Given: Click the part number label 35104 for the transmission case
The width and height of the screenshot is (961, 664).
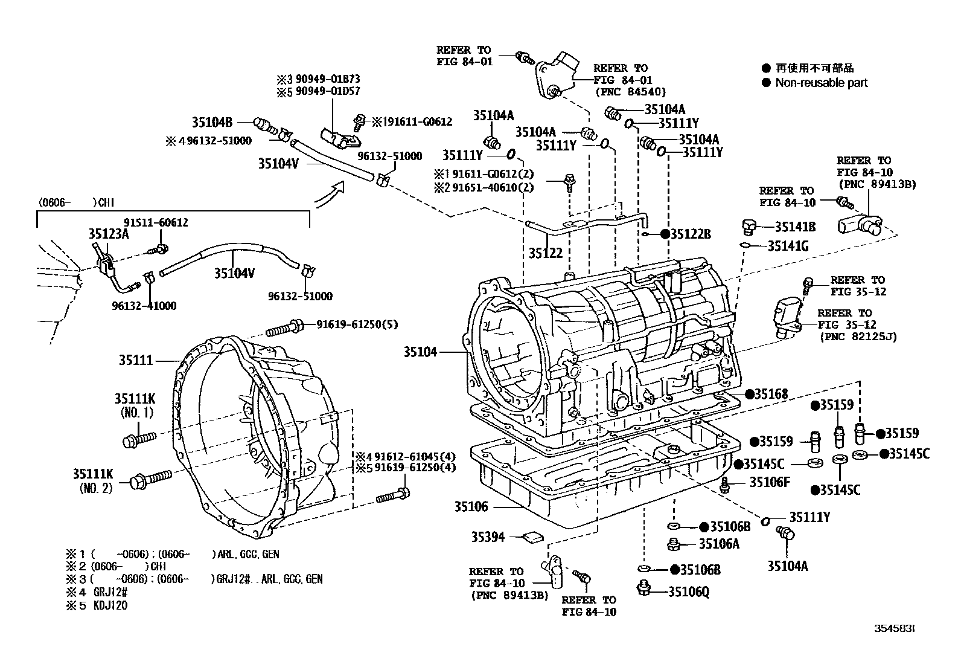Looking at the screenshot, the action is pyautogui.click(x=420, y=352).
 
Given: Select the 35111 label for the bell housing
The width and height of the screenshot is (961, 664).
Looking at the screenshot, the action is pyautogui.click(x=136, y=360).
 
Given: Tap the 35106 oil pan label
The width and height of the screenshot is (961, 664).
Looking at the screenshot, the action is pyautogui.click(x=471, y=507).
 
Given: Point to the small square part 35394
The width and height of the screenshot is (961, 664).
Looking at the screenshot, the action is pyautogui.click(x=533, y=537).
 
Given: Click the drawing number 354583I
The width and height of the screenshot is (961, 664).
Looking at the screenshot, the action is pyautogui.click(x=895, y=628).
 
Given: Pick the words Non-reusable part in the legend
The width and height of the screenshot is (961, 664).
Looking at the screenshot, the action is pyautogui.click(x=821, y=83).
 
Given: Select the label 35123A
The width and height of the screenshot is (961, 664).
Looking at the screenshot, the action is pyautogui.click(x=109, y=234).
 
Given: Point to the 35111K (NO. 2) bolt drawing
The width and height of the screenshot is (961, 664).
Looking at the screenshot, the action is pyautogui.click(x=150, y=479).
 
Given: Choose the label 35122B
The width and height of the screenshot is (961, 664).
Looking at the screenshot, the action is pyautogui.click(x=691, y=234).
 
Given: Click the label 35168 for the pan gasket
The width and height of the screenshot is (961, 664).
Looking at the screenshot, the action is pyautogui.click(x=771, y=394).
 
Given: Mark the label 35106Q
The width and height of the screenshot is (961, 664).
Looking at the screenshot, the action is pyautogui.click(x=689, y=592).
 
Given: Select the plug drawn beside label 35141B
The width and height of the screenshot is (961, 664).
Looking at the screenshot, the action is pyautogui.click(x=749, y=227).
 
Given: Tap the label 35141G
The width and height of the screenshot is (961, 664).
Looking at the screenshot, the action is pyautogui.click(x=788, y=246).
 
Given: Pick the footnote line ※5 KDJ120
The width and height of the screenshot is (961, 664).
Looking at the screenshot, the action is pyautogui.click(x=97, y=605).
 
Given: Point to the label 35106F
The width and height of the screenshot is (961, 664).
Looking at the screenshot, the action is pyautogui.click(x=770, y=482).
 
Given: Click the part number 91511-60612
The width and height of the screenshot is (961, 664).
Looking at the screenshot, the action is pyautogui.click(x=156, y=222).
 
